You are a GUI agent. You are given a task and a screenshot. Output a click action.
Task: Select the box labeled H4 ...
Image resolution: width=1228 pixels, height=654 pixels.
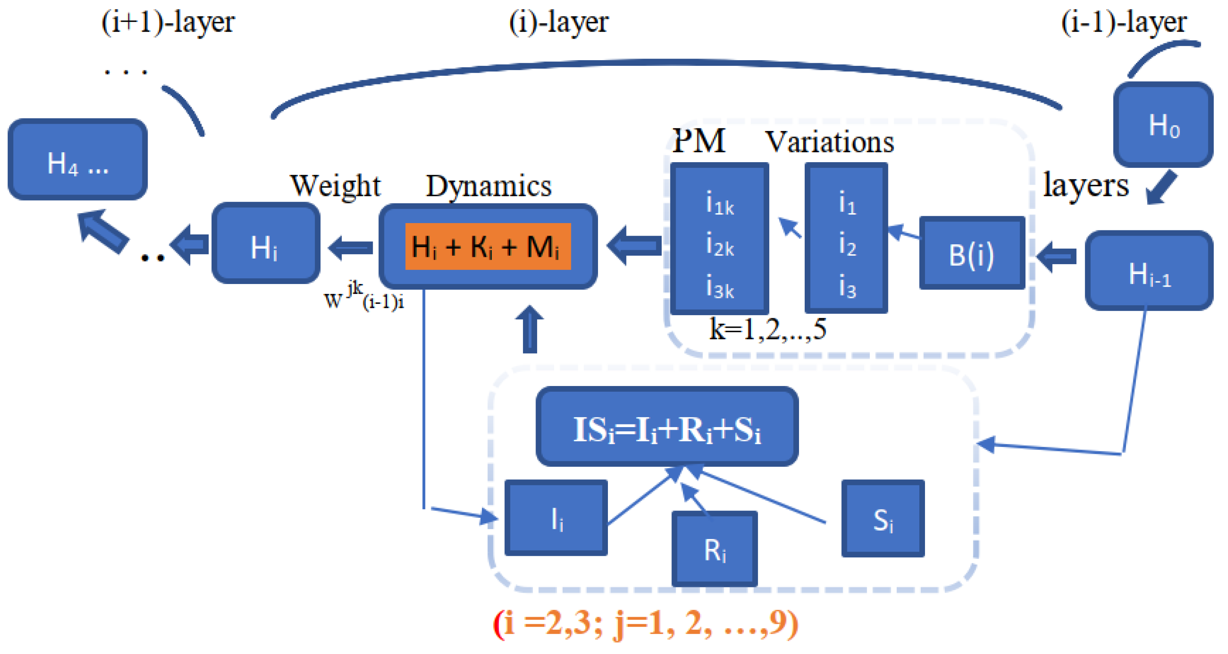[78, 160]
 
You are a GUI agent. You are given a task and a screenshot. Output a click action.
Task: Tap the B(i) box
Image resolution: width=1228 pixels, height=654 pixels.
[971, 253]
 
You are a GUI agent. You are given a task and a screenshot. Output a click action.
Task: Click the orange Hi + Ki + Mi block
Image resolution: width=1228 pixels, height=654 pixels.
[487, 246]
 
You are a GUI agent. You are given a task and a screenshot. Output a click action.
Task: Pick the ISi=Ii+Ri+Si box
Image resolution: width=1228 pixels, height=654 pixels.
[667, 427]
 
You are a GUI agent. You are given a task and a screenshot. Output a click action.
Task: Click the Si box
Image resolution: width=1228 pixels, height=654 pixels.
[882, 518]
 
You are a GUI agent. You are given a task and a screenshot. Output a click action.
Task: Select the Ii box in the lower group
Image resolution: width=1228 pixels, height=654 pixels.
[556, 518]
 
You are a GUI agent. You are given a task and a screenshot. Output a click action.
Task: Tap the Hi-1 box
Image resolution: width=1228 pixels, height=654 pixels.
[1149, 271]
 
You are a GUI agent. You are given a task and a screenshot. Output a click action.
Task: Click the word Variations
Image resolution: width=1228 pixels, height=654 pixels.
[829, 142]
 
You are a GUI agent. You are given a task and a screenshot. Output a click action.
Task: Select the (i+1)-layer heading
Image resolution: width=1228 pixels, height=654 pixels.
[168, 22]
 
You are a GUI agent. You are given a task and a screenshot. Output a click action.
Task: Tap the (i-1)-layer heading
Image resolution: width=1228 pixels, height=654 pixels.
[1124, 22]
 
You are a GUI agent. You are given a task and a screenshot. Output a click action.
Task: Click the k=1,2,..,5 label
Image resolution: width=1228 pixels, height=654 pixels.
[767, 329]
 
